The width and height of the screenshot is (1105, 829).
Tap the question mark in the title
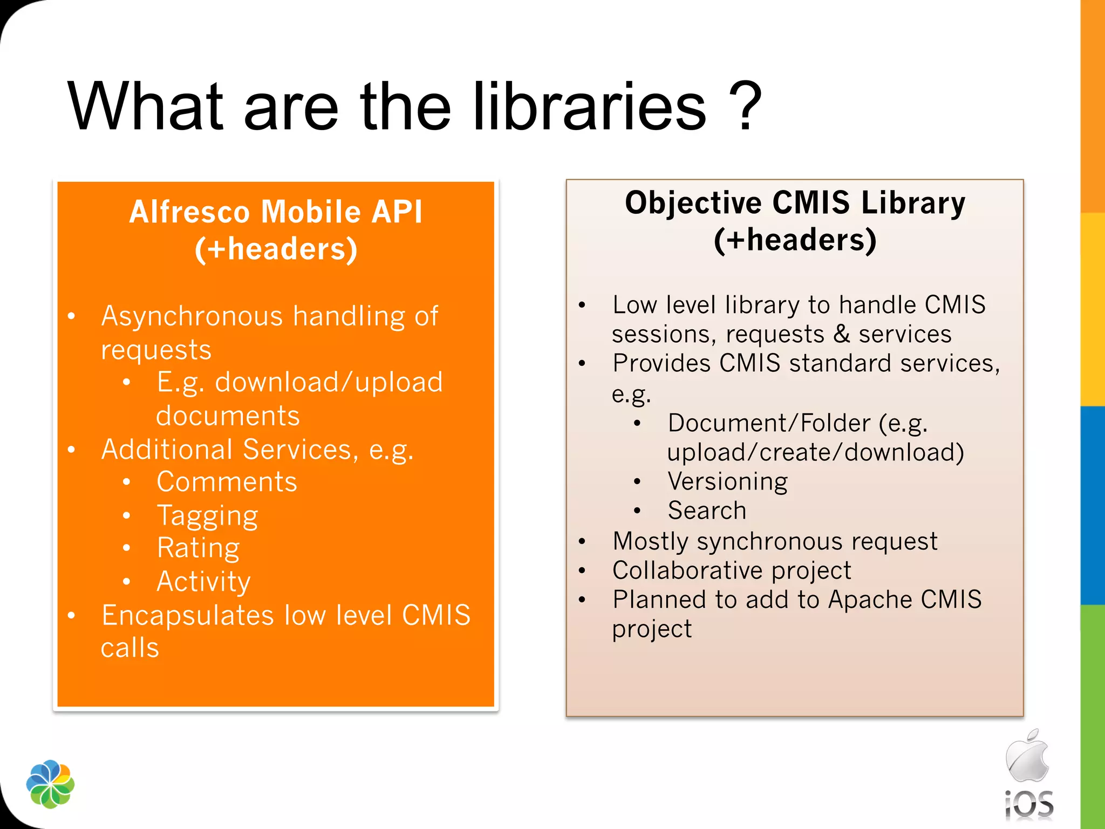point(745,106)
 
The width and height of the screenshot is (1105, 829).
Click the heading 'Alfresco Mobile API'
point(276,212)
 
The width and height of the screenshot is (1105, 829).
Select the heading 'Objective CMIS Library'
point(795,203)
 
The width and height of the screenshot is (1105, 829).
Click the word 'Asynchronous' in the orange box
point(192,316)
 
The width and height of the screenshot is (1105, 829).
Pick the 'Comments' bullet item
point(227,482)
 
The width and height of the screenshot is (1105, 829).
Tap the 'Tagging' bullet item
point(208,516)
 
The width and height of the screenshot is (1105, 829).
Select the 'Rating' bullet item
point(198,548)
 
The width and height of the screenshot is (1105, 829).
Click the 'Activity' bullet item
point(203,582)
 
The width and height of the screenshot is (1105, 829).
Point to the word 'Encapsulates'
point(188,616)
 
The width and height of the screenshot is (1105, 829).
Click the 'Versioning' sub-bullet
point(727,481)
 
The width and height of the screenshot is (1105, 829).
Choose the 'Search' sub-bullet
point(707,511)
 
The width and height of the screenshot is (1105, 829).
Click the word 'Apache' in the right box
point(870,600)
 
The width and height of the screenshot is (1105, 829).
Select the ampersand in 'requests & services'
point(842,334)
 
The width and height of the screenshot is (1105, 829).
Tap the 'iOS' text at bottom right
point(1029,805)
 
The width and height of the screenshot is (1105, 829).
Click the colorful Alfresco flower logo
point(50,784)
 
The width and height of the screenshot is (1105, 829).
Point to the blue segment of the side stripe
point(1093,505)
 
